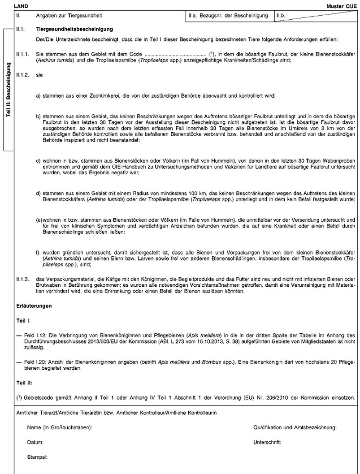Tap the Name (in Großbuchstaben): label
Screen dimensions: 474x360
pos(60,428)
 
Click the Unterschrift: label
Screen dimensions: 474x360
pos(267,442)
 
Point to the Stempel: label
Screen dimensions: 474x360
pos(37,457)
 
